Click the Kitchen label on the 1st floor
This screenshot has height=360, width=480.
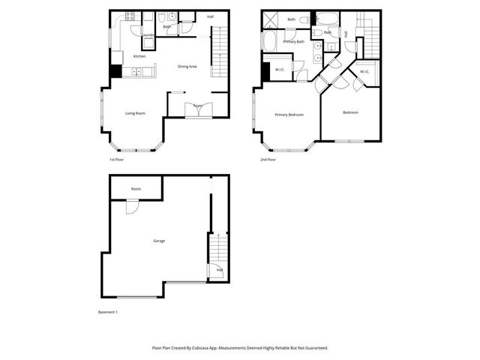point(139,57)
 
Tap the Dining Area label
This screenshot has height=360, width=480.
point(187,67)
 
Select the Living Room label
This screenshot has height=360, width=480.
point(135,113)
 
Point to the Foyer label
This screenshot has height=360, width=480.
point(198,106)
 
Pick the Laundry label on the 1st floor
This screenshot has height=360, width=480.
point(148,35)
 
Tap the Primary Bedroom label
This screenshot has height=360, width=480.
point(289,115)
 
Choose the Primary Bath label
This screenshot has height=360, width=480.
point(293,42)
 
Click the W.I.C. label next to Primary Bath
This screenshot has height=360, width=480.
point(279,70)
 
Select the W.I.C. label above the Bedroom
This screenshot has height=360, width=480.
point(364,72)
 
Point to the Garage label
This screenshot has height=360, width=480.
point(159,241)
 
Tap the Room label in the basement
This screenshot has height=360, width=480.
point(136,189)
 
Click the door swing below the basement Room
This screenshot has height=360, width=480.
point(132,206)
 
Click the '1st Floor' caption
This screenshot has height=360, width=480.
point(116,160)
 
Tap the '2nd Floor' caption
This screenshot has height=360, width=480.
point(268,160)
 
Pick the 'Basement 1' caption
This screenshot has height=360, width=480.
point(108,312)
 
